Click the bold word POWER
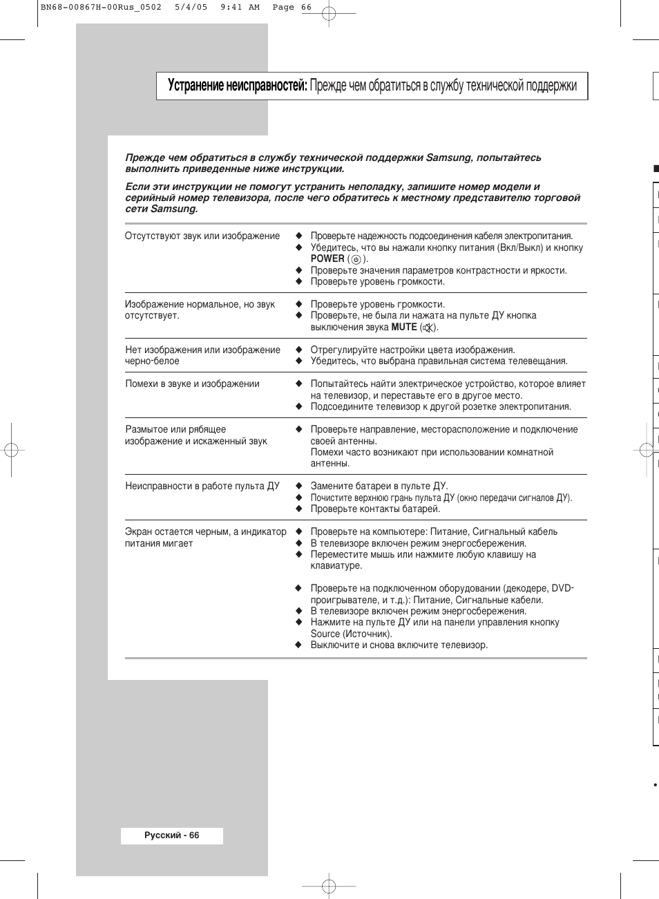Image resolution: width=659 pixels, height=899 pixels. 327,258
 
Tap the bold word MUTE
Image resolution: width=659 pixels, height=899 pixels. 404,327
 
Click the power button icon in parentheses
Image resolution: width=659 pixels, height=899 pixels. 356,259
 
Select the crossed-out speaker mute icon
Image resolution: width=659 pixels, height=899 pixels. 429,328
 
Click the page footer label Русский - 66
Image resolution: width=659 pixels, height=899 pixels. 172,835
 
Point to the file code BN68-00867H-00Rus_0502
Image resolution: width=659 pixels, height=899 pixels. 101,8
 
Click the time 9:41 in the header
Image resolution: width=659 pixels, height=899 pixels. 231,8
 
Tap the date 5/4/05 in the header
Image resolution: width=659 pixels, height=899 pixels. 191,8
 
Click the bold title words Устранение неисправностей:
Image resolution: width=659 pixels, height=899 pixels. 237,86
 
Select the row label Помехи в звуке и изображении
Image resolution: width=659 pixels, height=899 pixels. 192,384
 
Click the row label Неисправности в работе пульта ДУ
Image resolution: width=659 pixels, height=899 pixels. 202,486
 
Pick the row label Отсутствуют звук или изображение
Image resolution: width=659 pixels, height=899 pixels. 202,236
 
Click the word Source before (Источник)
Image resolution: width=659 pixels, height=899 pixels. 325,634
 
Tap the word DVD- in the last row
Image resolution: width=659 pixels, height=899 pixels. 562,588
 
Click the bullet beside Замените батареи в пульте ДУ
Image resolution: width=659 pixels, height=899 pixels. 299,486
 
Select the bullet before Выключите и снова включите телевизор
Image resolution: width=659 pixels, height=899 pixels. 299,645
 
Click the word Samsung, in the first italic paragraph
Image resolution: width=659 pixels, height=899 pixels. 449,158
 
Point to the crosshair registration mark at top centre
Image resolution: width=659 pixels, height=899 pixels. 329,13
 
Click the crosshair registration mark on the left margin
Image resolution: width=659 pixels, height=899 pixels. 11,451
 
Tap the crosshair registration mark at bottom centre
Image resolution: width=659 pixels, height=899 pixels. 329,886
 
